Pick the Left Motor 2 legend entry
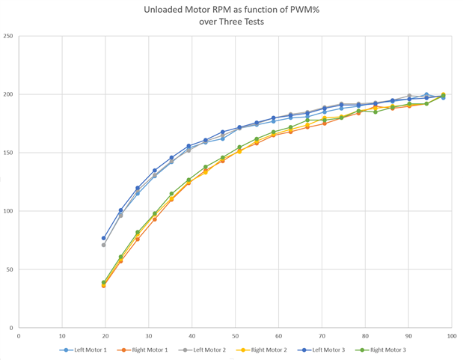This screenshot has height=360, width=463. point(203,350)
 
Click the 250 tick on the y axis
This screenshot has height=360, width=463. point(8,36)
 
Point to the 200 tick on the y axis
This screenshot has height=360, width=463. point(8,94)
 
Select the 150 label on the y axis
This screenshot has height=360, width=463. point(8,153)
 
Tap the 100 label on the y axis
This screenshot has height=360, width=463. point(8,211)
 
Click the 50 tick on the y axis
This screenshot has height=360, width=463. point(10,269)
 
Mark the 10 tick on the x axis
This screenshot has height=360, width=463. point(62,335)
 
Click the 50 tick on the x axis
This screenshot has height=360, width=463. point(236,335)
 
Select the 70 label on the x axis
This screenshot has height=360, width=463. point(322,335)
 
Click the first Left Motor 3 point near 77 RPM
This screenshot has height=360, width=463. point(104,238)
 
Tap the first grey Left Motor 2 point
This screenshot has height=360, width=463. point(104,245)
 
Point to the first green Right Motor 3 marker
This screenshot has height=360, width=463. point(104,282)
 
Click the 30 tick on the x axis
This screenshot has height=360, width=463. point(149,335)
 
